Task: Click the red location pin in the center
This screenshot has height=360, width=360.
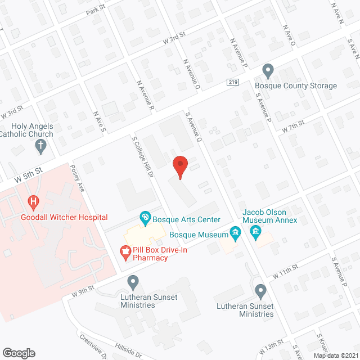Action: coord(179,166)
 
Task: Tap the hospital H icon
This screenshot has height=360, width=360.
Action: coord(34,201)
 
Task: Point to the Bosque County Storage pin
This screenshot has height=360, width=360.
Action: coord(268,71)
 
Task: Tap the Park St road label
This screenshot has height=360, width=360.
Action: coord(96,11)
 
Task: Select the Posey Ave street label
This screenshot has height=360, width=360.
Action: coord(77,178)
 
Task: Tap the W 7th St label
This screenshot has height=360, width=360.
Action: coord(293,125)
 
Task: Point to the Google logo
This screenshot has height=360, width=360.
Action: coord(18,353)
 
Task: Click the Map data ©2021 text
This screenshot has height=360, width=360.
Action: coord(335,355)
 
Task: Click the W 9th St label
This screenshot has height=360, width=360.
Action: coord(82,292)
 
